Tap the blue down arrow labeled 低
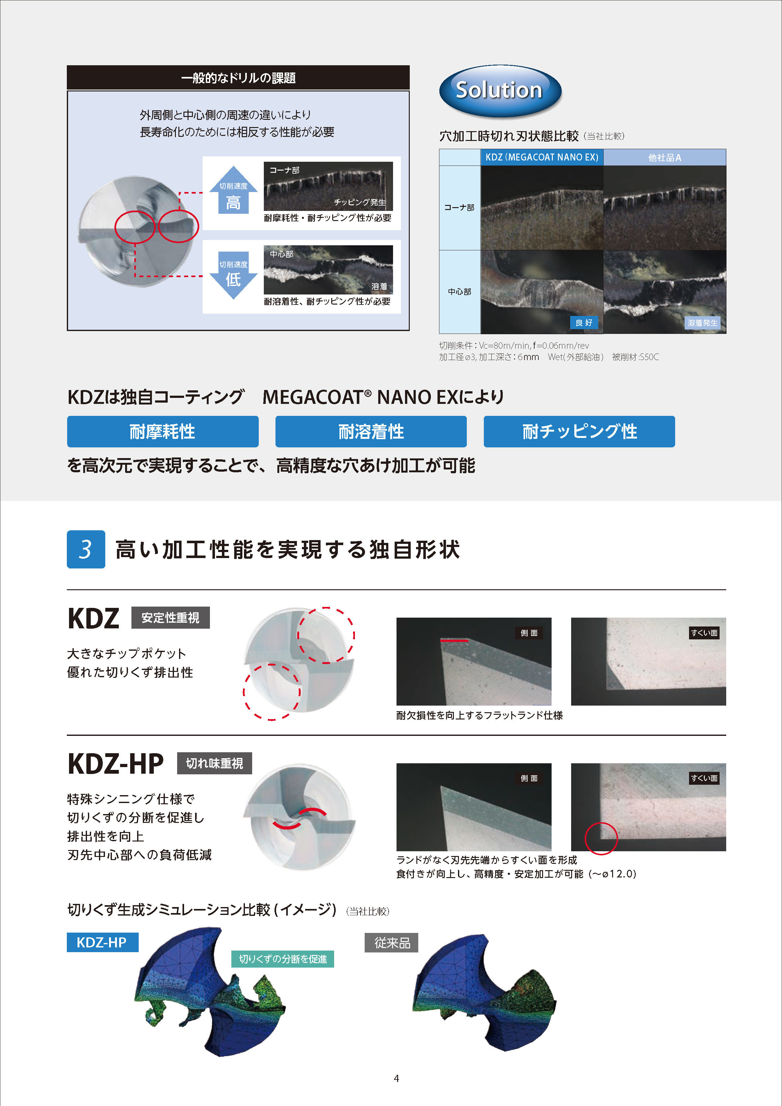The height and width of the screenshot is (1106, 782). click(234, 275)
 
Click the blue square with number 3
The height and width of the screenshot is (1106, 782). click(86, 549)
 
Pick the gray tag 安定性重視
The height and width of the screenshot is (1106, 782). click(171, 618)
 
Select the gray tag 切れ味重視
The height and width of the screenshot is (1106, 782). click(214, 763)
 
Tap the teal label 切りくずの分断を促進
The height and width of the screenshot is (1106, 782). click(283, 958)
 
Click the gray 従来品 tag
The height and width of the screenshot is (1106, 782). click(391, 943)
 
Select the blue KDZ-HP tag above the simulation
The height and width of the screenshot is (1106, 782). click(102, 942)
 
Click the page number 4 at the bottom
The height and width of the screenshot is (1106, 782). click(396, 1078)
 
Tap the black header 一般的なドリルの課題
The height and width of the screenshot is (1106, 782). click(238, 78)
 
